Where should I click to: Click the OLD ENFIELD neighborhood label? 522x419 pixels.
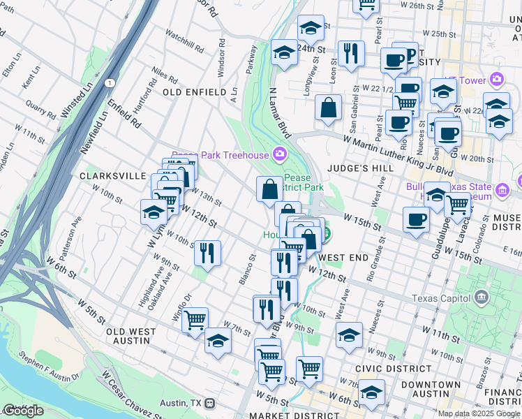pyautogui.click(x=194, y=92)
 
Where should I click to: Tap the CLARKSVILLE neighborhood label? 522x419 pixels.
pyautogui.click(x=112, y=176)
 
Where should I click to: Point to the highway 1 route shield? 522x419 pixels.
pyautogui.click(x=110, y=83)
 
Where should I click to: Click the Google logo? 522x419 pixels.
pyautogui.click(x=23, y=411)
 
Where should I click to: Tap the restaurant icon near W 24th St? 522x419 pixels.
pyautogui.click(x=350, y=53)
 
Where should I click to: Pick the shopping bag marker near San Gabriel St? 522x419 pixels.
pyautogui.click(x=327, y=108)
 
